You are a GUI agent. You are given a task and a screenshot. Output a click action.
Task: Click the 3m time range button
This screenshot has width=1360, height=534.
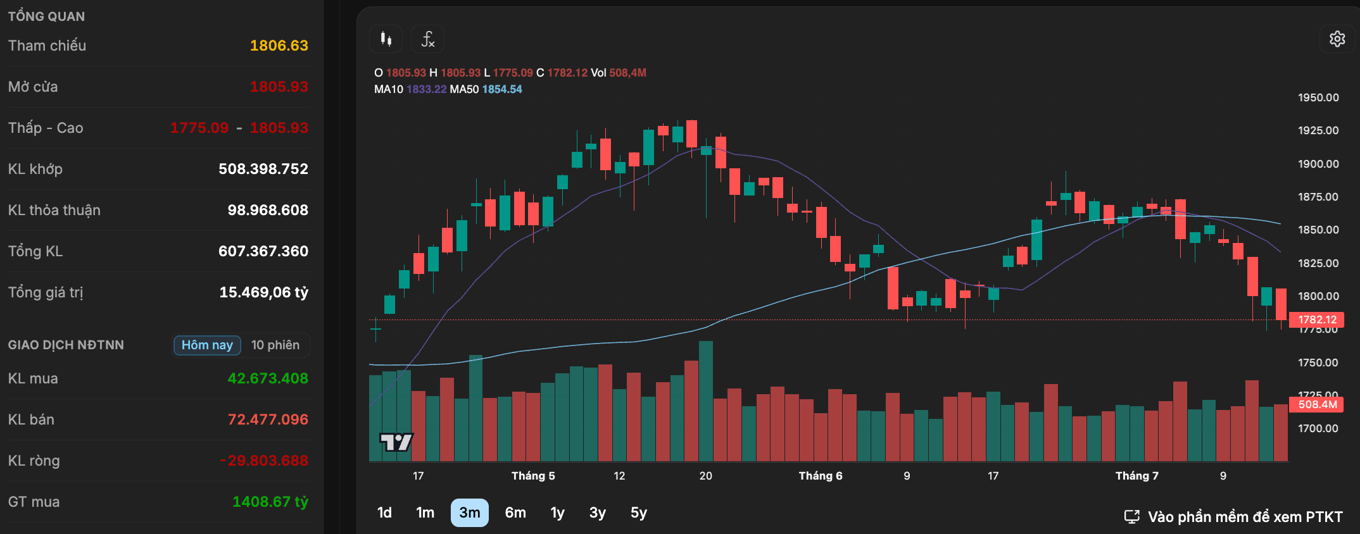(469, 512)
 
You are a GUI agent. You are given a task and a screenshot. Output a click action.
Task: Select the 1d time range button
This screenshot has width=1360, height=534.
(384, 512)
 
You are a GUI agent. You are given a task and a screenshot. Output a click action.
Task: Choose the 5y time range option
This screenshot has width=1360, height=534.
(639, 512)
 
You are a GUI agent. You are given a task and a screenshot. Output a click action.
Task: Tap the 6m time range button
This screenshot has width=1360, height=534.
(515, 512)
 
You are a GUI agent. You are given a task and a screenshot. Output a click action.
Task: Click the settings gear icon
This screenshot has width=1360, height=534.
(1337, 39)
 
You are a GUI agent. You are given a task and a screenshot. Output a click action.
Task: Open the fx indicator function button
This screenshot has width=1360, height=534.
(427, 39)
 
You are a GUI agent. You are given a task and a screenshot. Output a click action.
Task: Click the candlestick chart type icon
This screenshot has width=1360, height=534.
(386, 39)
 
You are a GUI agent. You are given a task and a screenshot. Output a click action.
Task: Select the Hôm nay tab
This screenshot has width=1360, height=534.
(207, 345)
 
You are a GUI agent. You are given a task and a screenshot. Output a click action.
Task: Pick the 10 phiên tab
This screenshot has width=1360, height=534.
(275, 345)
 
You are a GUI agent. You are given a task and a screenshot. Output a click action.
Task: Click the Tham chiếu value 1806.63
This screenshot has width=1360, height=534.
(279, 46)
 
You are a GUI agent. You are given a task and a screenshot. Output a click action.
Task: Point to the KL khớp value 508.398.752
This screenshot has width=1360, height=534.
(263, 169)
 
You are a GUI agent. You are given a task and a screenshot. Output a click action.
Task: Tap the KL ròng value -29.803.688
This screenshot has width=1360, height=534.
(264, 461)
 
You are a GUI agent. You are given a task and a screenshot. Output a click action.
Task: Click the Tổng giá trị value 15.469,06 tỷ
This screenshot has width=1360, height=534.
(264, 292)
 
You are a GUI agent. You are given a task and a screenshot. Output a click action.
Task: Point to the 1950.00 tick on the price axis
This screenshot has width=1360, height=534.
(1318, 97)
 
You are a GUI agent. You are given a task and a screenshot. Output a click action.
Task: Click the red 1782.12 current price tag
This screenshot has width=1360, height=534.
(1317, 320)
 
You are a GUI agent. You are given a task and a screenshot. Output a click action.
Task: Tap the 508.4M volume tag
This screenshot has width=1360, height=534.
(1317, 404)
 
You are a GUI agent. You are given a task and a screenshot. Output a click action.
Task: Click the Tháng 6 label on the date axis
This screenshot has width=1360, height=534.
(821, 476)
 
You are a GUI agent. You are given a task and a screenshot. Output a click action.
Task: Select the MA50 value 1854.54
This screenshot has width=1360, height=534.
(502, 89)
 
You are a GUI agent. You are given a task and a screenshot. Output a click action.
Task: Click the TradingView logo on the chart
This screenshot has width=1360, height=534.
(396, 442)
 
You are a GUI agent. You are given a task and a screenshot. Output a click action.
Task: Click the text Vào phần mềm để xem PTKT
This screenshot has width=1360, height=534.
(1245, 517)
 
